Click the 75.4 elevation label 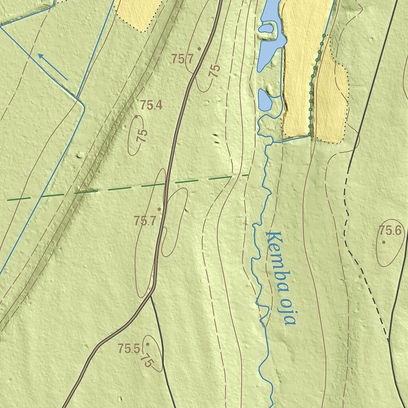click(151, 106)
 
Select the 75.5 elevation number click(129, 349)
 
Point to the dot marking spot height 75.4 click(136, 117)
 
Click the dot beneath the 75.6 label click(384, 242)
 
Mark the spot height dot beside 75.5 click(147, 343)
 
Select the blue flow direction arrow click(52, 66)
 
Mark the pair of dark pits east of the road click(216, 138)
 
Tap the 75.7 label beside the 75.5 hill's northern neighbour click(145, 220)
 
